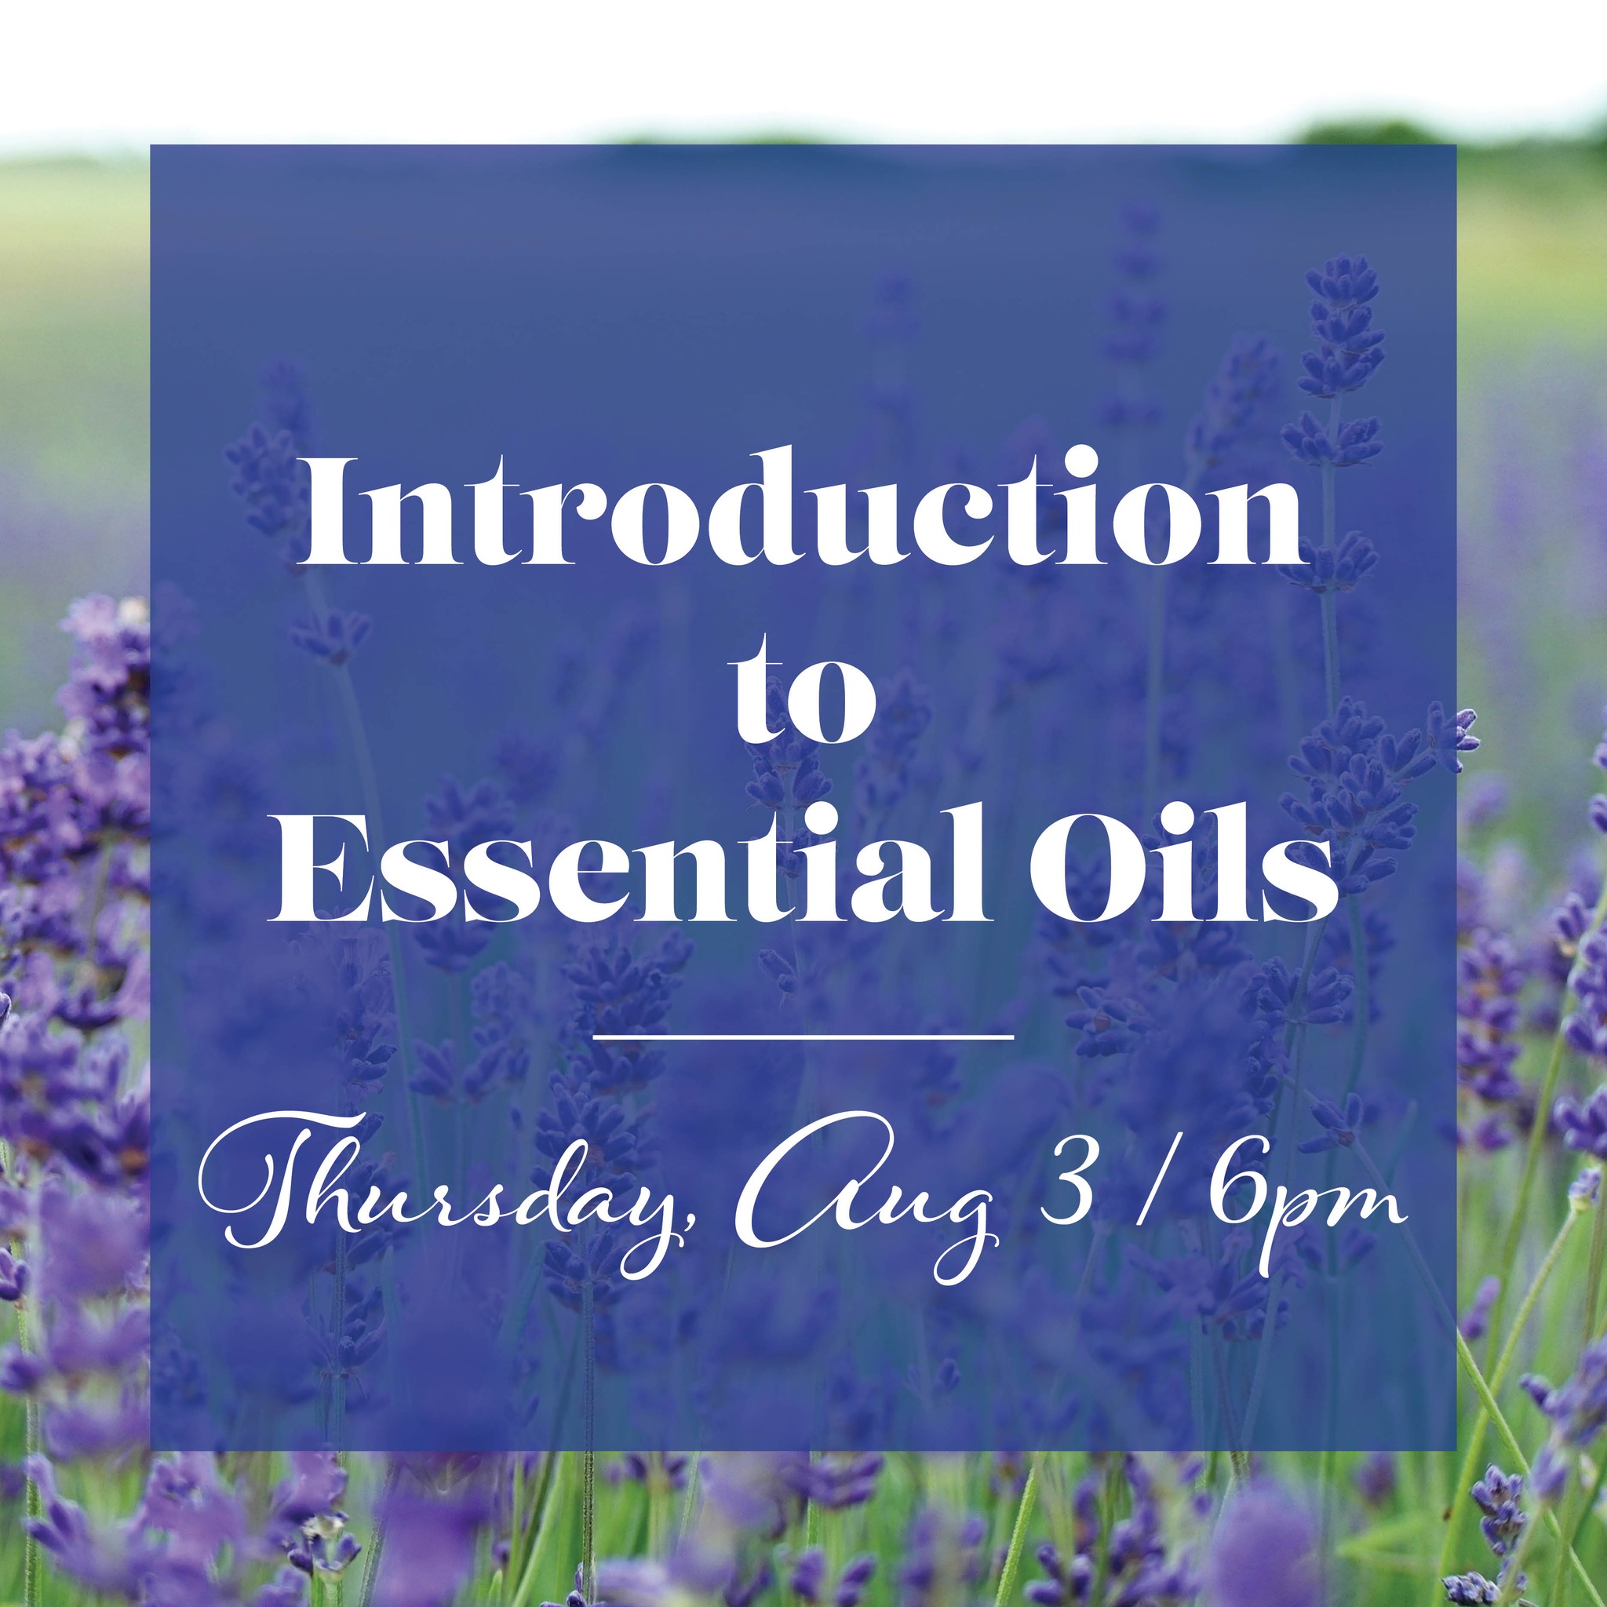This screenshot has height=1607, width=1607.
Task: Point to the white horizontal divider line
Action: coord(803,1037)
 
